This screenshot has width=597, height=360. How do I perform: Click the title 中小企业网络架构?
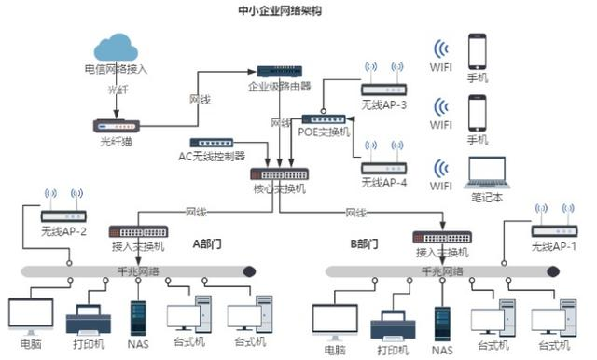pos(280,11)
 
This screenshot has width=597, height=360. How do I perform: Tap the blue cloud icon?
pos(116,48)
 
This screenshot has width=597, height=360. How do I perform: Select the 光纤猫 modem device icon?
pos(117,125)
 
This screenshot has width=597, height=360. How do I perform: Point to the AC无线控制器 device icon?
pos(211,143)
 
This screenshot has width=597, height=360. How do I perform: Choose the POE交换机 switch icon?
pos(324,119)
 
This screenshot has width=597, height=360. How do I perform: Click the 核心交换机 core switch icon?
pos(279,173)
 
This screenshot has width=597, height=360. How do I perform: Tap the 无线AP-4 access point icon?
pos(383,168)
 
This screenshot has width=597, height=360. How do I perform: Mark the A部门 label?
pos(206,244)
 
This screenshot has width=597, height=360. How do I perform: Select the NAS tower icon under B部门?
pos(441,323)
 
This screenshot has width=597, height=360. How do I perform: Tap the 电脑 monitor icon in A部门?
pos(30,314)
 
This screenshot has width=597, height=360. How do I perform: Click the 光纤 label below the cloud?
pos(117,90)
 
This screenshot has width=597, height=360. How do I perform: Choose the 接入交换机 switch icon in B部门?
pos(441,237)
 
